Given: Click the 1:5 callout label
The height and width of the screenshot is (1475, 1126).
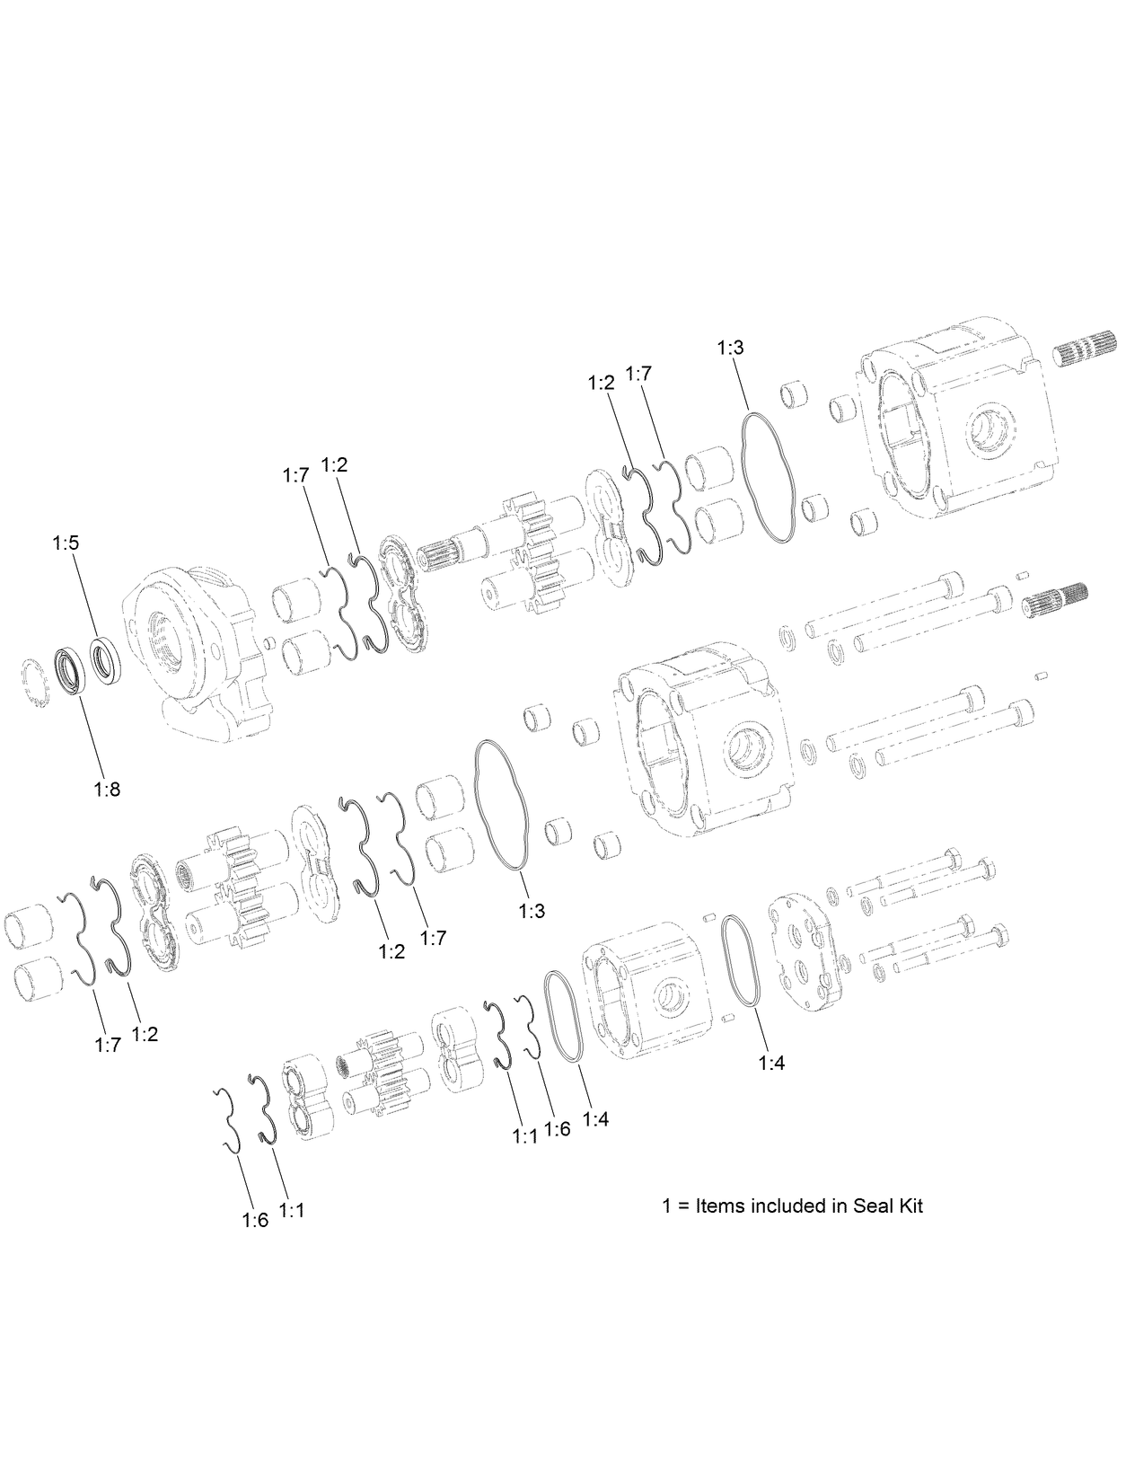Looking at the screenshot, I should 66,543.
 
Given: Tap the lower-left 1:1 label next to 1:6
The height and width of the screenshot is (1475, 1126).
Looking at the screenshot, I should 292,1210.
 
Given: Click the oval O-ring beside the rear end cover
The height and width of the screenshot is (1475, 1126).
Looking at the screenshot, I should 742,960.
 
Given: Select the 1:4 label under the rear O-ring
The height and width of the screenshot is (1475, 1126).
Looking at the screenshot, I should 771,1063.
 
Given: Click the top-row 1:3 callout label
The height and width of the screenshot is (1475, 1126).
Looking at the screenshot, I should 731,348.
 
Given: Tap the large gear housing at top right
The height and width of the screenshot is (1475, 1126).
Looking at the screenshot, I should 952,418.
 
